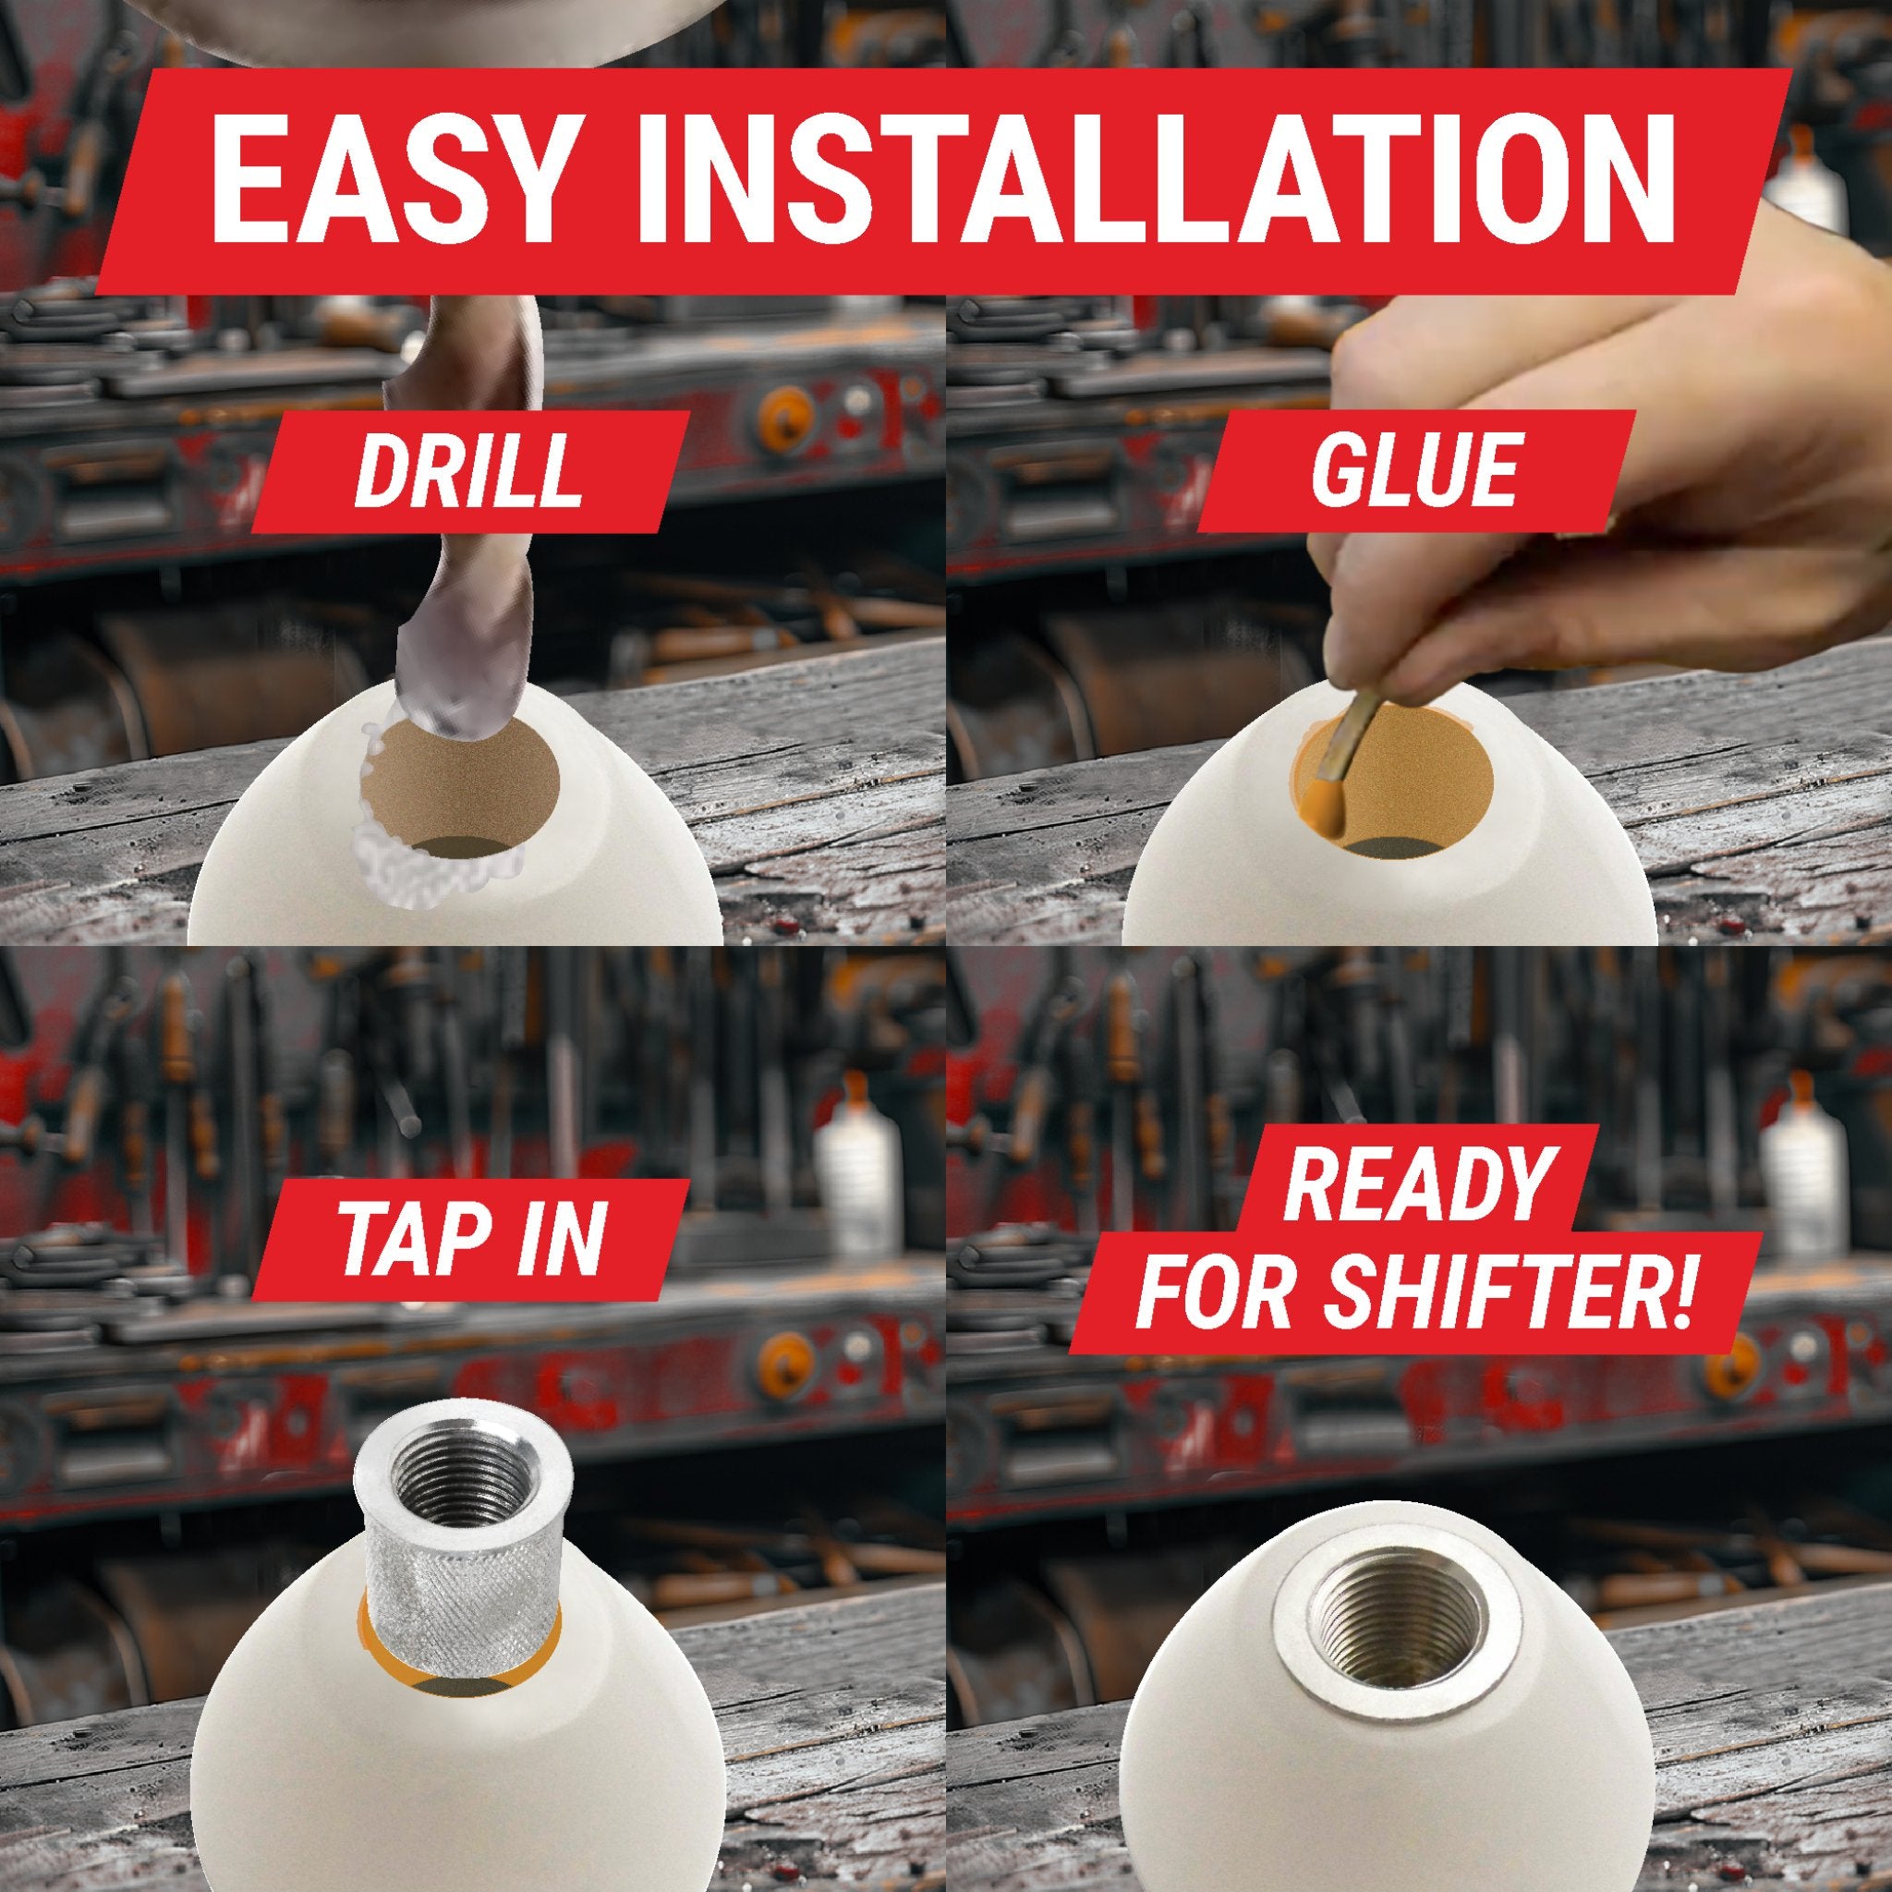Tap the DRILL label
tap(467, 472)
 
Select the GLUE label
tap(1415, 472)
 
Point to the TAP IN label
tap(469, 1239)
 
